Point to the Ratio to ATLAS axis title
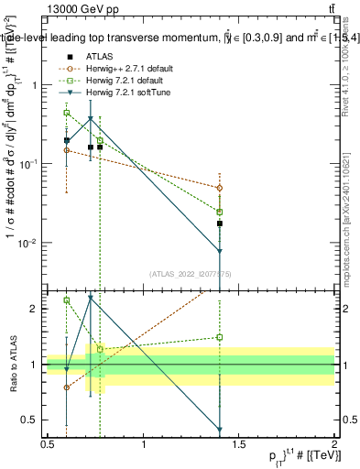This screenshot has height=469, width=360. coord(12,365)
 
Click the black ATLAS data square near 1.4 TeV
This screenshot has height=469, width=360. coord(220,223)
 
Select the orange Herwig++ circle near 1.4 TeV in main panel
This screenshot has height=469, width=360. coord(220,188)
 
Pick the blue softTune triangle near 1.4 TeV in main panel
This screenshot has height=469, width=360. coord(220,252)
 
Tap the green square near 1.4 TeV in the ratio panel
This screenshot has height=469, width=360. coord(220,337)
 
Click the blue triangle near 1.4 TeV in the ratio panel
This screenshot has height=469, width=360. coord(220,429)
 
